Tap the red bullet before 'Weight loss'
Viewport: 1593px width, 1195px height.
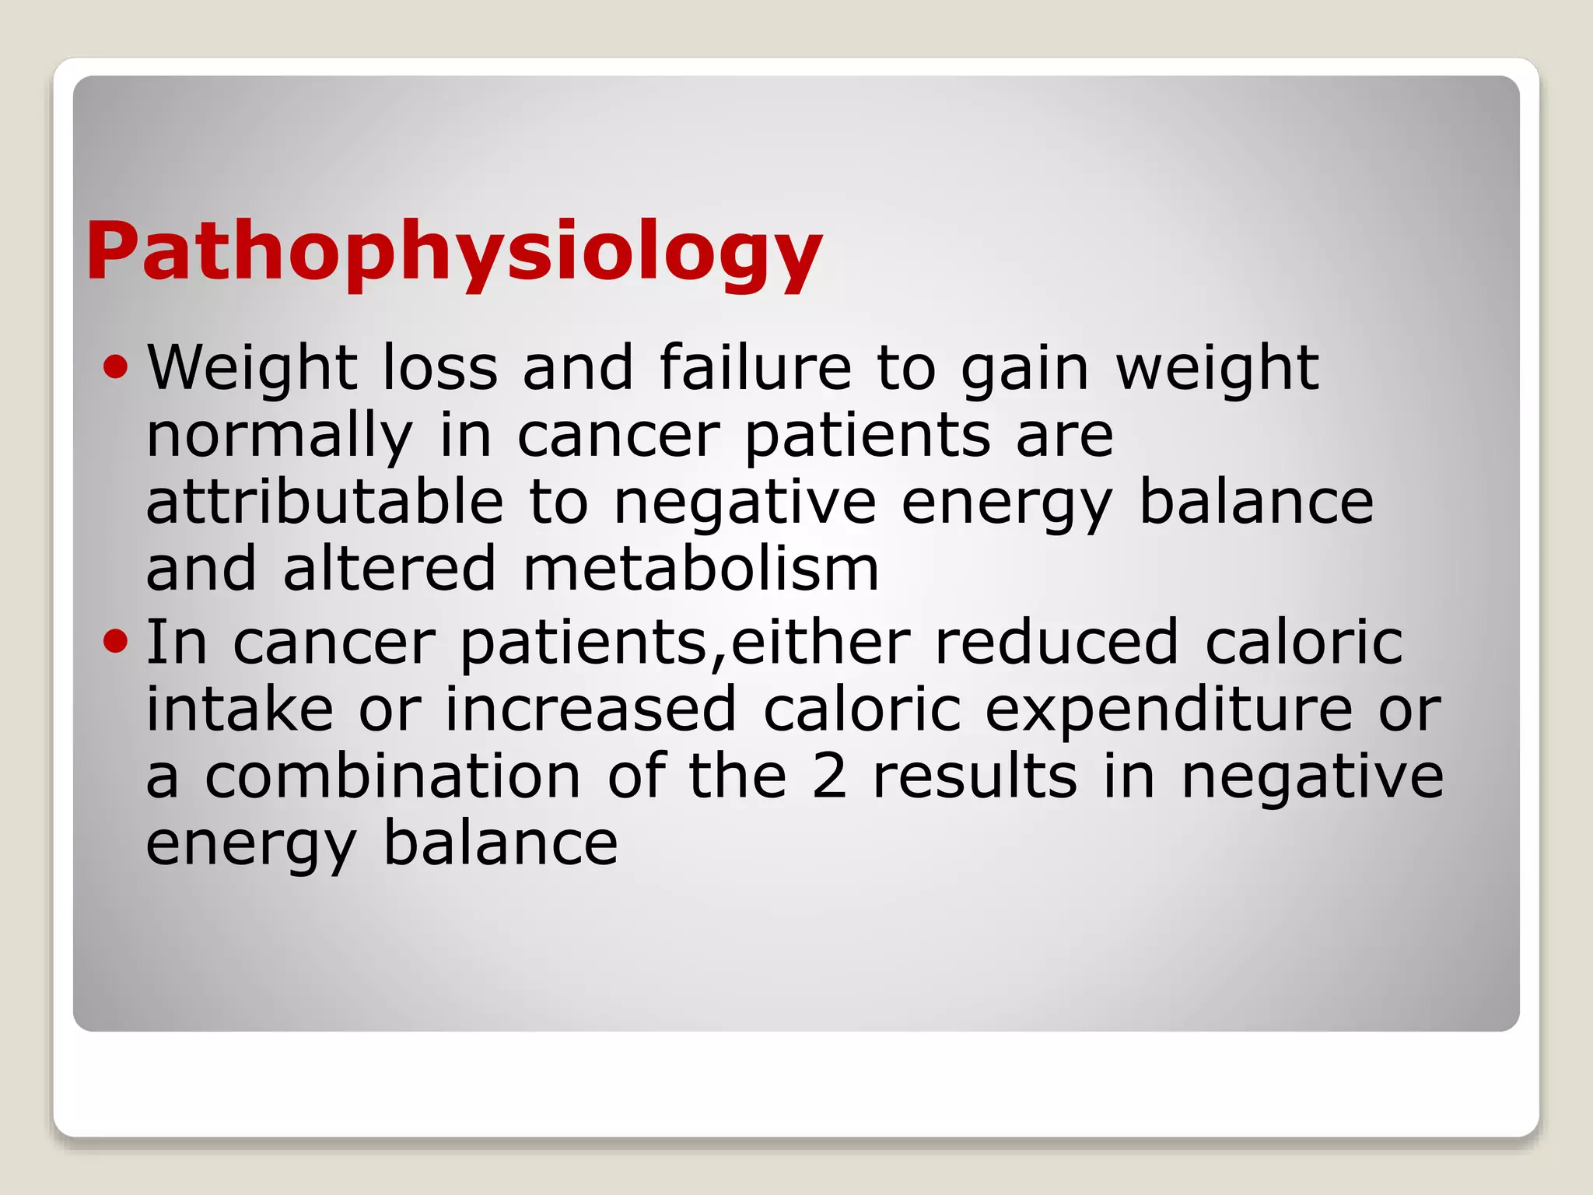click(x=115, y=366)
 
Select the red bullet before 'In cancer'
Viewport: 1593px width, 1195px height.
click(x=115, y=641)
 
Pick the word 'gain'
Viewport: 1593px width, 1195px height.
click(x=1024, y=370)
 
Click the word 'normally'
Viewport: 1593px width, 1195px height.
click(x=279, y=437)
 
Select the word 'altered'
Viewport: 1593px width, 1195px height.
click(x=389, y=569)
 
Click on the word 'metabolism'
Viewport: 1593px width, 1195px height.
click(x=701, y=569)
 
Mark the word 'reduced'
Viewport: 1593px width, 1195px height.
click(x=1056, y=643)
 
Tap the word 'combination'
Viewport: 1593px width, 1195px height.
click(x=393, y=776)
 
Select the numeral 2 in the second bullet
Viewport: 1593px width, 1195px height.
click(x=829, y=776)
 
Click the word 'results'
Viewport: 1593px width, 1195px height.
click(x=975, y=776)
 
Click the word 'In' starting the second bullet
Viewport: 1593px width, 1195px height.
click(x=177, y=643)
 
